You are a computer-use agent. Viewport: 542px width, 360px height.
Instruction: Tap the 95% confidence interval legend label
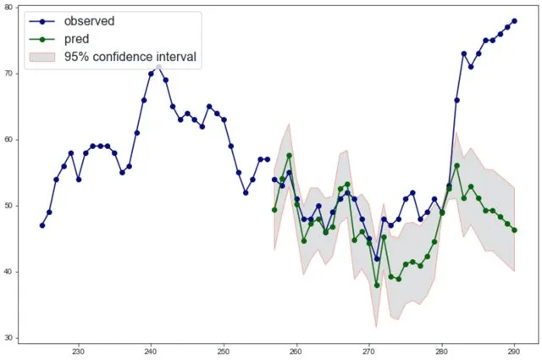point(130,58)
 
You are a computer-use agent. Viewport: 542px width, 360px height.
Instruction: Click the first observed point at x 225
point(42,225)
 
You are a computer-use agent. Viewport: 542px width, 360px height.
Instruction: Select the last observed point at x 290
point(514,20)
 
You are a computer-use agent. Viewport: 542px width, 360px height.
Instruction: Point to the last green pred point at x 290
point(514,230)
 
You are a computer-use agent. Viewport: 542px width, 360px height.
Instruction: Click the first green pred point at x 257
point(274,209)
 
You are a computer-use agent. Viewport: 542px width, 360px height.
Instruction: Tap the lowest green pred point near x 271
point(376,285)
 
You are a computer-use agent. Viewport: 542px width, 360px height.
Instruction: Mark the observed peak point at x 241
point(158,67)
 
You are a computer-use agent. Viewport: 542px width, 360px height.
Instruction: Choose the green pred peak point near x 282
point(456,165)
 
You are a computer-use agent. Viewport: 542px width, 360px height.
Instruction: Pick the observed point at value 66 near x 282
point(456,100)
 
